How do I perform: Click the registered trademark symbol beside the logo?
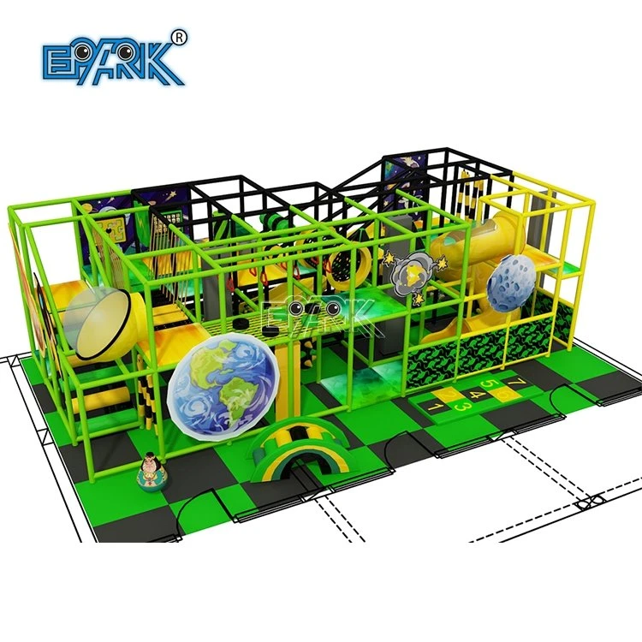pyautogui.click(x=180, y=38)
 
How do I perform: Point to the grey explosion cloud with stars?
pyautogui.click(x=413, y=274)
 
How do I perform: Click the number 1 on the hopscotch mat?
pyautogui.click(x=433, y=407)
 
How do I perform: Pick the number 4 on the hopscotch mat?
pyautogui.click(x=476, y=395)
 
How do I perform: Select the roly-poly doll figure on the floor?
pyautogui.click(x=152, y=472)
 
